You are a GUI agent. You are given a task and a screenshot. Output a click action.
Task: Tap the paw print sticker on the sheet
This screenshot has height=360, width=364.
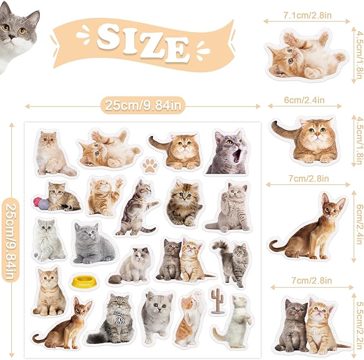(x=150, y=165)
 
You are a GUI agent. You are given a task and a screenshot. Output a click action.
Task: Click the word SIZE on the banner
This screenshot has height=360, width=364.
(x=143, y=43)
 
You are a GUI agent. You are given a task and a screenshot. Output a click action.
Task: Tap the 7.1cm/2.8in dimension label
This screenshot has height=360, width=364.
(x=307, y=16)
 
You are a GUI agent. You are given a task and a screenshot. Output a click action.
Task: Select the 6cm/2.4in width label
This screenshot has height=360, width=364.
(x=304, y=100)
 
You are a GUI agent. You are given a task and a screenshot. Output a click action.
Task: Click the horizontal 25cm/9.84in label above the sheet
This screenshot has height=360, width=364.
(x=143, y=106)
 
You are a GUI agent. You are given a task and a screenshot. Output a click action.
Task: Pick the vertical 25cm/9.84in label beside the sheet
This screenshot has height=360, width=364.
(x=10, y=241)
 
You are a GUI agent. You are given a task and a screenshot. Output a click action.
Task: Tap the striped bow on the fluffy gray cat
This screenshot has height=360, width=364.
(x=120, y=318)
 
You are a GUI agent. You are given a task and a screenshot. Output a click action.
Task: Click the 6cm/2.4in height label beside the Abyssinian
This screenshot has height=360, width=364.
(x=359, y=224)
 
